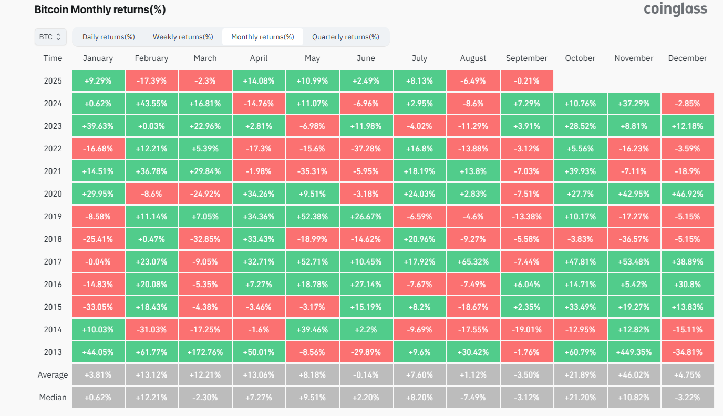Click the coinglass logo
(x=675, y=9)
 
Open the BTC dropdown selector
(x=50, y=37)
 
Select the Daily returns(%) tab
(x=109, y=37)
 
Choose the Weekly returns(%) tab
(x=183, y=37)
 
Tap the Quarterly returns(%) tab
(x=345, y=37)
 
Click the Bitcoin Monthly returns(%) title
(x=100, y=9)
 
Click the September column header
(x=526, y=58)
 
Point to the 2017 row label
(x=53, y=262)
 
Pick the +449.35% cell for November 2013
(x=634, y=352)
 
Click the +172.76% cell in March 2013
(x=205, y=352)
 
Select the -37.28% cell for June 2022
(x=366, y=149)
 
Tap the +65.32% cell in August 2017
(x=473, y=262)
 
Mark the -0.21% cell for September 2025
(x=526, y=81)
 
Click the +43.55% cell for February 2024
(x=151, y=104)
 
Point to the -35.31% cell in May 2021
(x=312, y=171)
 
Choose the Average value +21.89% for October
(x=580, y=375)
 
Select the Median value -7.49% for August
(x=473, y=398)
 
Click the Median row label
(x=53, y=398)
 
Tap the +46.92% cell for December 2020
(x=687, y=194)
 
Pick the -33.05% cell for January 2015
(x=98, y=307)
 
